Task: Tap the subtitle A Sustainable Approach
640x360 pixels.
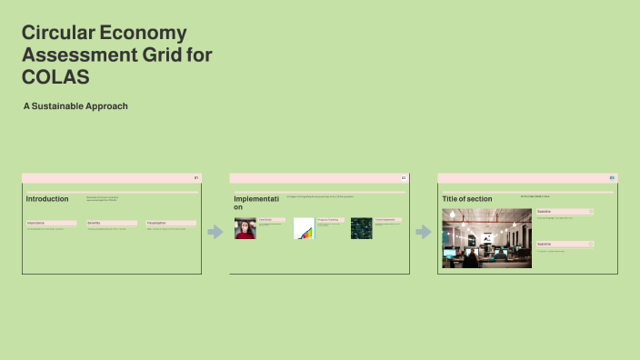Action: tap(75, 106)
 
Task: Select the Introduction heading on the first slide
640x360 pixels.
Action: tap(47, 199)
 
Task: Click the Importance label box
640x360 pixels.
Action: tap(51, 223)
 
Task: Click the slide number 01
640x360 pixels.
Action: tap(196, 177)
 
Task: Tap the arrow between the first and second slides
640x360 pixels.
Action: tap(215, 232)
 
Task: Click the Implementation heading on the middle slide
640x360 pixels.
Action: tap(255, 202)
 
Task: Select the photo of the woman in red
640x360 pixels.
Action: tap(245, 228)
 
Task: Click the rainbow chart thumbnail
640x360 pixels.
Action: tap(304, 228)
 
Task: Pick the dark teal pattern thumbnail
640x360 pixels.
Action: tap(362, 228)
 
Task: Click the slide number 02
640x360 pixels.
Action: tap(404, 177)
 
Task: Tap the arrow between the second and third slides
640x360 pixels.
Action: tap(423, 232)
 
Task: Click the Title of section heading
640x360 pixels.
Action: tap(467, 199)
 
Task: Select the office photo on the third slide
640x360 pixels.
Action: tap(486, 238)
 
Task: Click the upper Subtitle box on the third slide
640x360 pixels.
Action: tap(565, 212)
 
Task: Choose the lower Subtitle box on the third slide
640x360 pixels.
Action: tap(565, 244)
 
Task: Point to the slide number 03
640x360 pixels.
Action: tap(612, 177)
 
